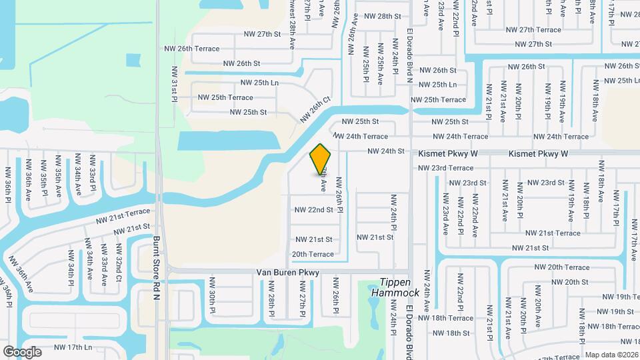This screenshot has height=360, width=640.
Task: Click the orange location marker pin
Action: tap(321, 159)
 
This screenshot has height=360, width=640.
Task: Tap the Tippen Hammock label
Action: tap(400, 287)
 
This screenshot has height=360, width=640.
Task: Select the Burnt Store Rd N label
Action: tap(157, 258)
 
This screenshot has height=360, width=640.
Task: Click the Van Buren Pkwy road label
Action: tap(288, 273)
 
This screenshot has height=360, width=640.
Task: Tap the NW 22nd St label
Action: tap(313, 209)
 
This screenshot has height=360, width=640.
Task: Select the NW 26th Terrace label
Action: tap(193, 49)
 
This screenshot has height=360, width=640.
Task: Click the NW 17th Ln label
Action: tap(73, 347)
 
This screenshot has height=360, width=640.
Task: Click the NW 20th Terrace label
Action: tap(558, 267)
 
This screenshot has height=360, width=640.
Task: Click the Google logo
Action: tap(22, 351)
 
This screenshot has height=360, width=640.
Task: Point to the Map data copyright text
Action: tap(611, 355)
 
